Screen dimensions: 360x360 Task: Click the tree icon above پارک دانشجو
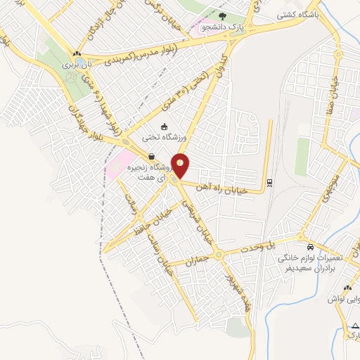tap(222, 16)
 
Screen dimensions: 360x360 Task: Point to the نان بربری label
tap(79, 64)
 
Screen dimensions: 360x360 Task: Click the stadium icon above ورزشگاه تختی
tap(165, 127)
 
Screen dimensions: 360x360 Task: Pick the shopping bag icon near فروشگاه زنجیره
tap(152, 156)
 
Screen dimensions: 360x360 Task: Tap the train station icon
tap(269, 184)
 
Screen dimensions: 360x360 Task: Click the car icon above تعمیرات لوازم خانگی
tap(310, 247)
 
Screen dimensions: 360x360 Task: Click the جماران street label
tap(197, 259)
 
